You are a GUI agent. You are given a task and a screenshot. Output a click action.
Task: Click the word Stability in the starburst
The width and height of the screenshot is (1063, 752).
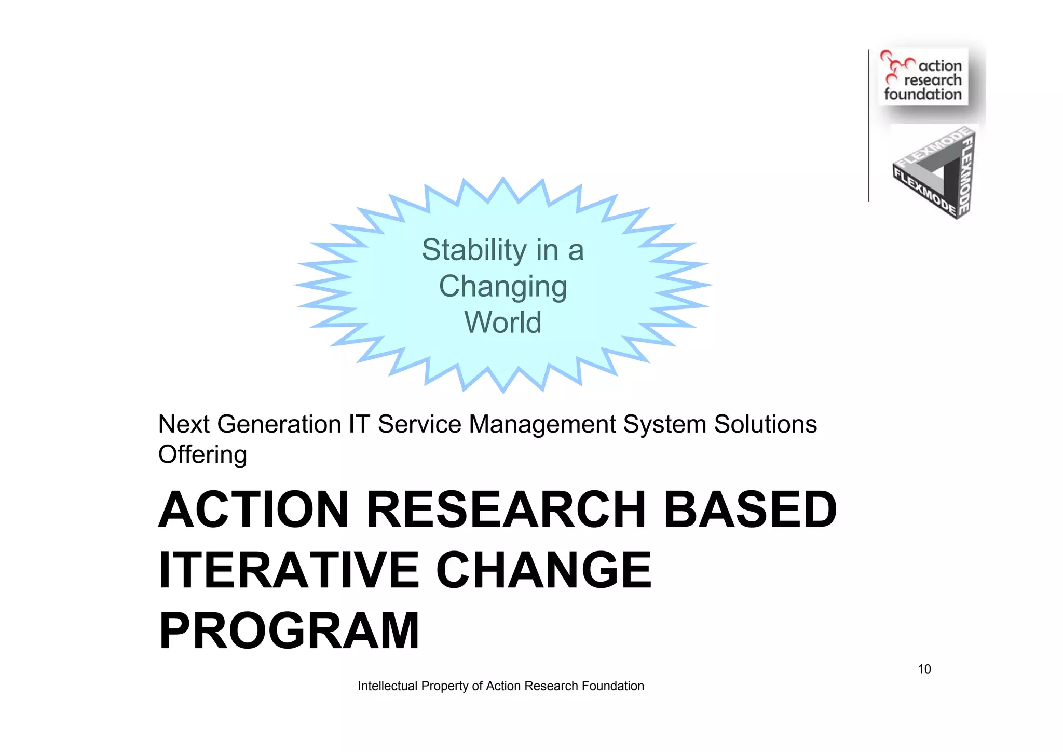(473, 250)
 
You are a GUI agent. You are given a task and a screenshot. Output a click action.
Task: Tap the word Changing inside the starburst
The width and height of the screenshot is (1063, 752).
(502, 287)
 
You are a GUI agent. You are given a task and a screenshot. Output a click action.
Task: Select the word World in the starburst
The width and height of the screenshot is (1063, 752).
(502, 323)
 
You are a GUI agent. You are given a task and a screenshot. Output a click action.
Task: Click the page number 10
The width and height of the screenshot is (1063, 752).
(924, 669)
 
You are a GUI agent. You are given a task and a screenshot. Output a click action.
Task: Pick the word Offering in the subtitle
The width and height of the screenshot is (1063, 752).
(202, 454)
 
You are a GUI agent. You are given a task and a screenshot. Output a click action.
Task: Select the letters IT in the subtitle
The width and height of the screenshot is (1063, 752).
(359, 424)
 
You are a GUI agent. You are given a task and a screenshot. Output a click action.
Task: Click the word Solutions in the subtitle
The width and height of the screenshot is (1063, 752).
(765, 424)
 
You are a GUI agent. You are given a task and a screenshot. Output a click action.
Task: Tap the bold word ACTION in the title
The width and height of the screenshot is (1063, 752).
(253, 510)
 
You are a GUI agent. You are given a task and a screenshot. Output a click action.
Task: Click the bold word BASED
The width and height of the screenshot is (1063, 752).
(751, 510)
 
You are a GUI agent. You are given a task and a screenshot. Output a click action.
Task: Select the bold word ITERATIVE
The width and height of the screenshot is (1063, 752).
(289, 570)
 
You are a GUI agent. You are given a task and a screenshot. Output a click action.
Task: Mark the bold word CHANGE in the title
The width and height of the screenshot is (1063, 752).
(543, 570)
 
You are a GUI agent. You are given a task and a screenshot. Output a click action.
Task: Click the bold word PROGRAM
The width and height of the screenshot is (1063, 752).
(289, 631)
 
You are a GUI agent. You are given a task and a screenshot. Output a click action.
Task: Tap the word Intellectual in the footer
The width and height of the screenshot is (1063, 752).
(387, 686)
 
